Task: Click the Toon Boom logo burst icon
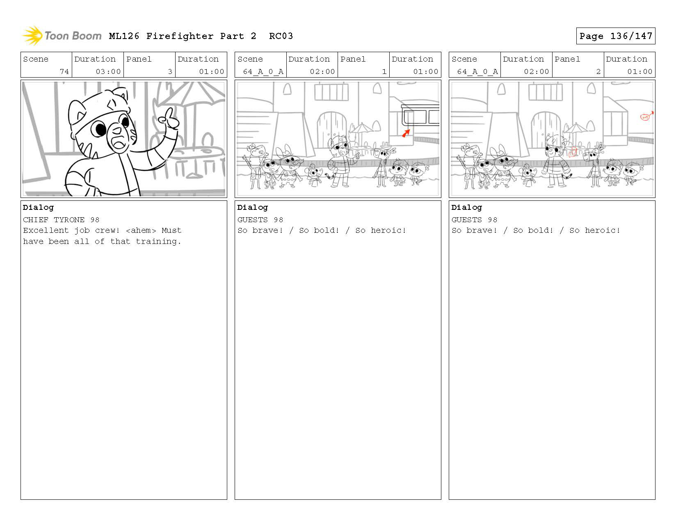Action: (32, 35)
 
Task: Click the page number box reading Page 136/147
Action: (615, 36)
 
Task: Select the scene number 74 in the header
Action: (64, 71)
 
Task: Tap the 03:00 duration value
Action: (108, 71)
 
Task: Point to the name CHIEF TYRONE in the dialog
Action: (54, 220)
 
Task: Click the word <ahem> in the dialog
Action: (141, 230)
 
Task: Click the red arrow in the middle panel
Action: (406, 133)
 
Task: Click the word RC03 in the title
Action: (281, 36)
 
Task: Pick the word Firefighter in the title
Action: (180, 37)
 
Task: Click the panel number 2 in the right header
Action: (598, 71)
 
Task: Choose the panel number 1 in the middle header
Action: (384, 71)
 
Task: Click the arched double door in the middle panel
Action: (332, 128)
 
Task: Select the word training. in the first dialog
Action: (158, 241)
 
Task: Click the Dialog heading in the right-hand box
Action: (467, 208)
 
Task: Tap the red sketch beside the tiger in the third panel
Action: (572, 153)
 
